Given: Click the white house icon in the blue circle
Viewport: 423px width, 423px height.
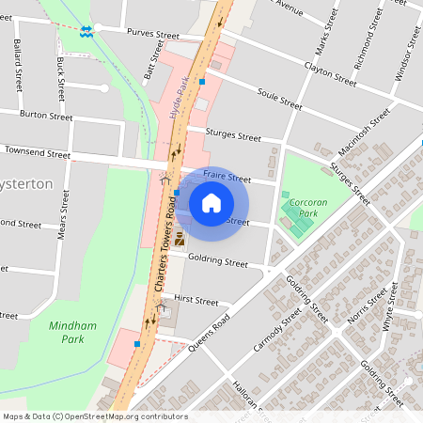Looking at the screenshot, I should tap(211, 203).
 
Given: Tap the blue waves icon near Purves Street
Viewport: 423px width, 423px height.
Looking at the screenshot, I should tap(86, 30).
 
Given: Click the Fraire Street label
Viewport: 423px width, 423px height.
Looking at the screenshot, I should tap(227, 177).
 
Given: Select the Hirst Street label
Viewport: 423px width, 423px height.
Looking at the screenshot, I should tap(196, 302).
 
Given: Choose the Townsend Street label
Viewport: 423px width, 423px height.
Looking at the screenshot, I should tap(37, 152).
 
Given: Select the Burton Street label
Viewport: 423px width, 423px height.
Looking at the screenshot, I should tap(45, 116).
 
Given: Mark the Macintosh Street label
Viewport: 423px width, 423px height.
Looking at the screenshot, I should tap(364, 134).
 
